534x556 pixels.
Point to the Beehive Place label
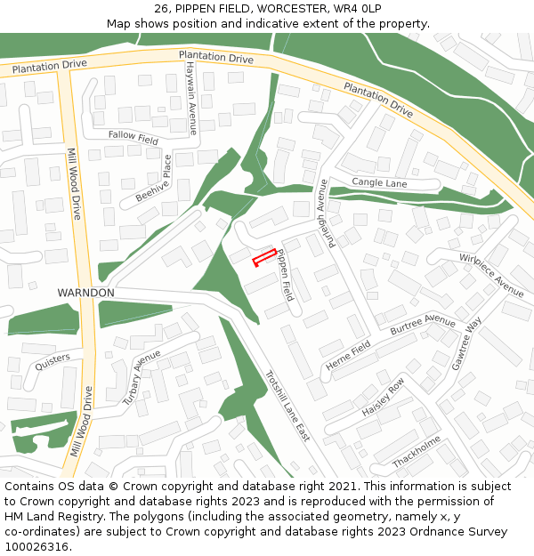[153, 178]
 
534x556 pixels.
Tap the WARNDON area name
[85, 293]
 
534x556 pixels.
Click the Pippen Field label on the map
[284, 274]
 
